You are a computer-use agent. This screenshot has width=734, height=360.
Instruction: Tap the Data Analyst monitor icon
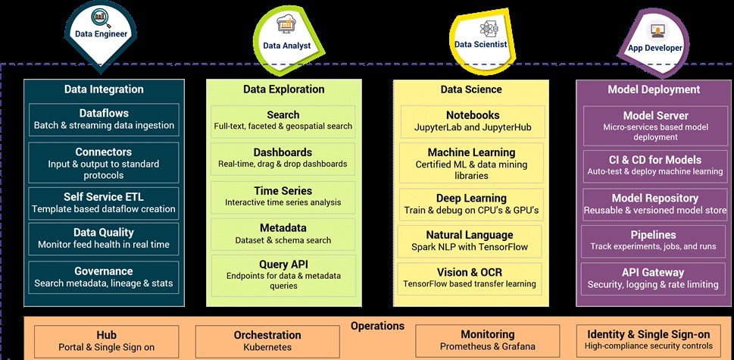point(287,27)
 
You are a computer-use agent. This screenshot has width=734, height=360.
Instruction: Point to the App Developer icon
point(656,31)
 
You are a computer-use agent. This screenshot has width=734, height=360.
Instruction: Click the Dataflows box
point(104,117)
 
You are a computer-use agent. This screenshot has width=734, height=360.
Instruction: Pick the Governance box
point(104,277)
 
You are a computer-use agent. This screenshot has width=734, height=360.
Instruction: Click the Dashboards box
point(283,158)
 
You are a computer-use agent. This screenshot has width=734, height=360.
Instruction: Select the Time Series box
point(283,196)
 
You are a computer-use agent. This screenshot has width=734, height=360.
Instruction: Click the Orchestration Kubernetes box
point(267,340)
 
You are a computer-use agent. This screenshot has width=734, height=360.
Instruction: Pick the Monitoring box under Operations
point(487,340)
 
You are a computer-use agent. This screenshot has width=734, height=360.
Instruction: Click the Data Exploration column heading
point(283,89)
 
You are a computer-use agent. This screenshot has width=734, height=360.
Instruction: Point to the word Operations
point(377,326)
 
